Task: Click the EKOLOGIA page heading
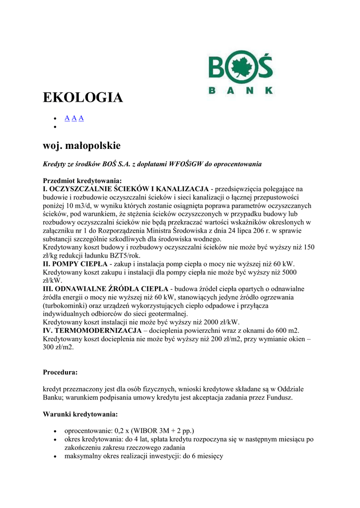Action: [x=83, y=97]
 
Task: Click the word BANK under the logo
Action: [x=239, y=91]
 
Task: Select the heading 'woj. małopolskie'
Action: [x=81, y=145]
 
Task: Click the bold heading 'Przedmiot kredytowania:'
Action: [x=82, y=181]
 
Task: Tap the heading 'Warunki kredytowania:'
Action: [x=80, y=414]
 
